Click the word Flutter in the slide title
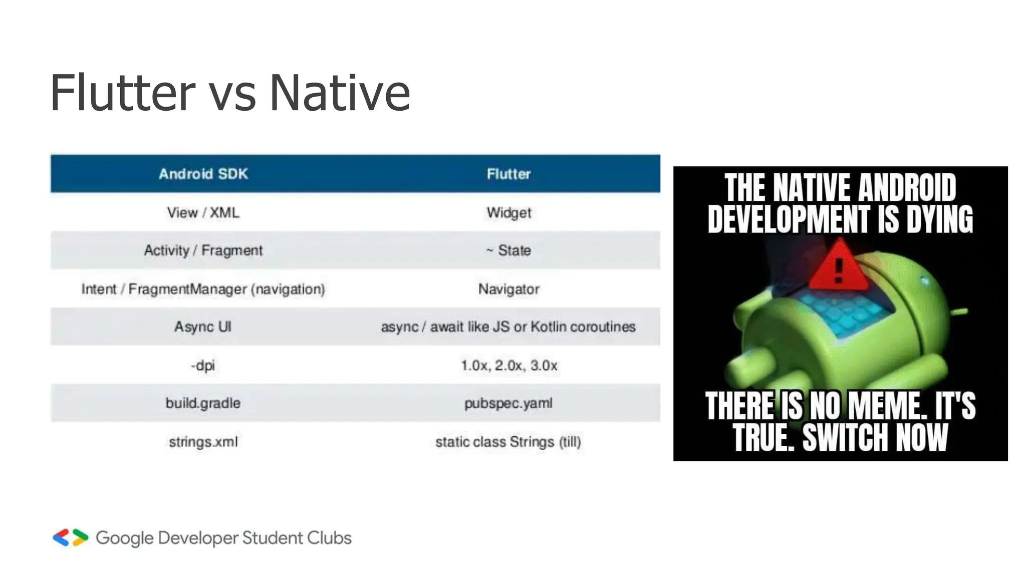122,93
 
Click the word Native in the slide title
340,93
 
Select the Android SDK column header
203,174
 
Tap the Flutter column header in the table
508,174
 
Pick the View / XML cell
203,212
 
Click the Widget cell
508,212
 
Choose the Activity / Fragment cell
203,250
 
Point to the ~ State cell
508,250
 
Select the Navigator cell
508,289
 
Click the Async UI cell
203,327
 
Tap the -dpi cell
203,365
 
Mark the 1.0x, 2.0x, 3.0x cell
508,365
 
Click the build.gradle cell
203,403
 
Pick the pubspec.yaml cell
508,403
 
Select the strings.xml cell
203,442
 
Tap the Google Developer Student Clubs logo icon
71,537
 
